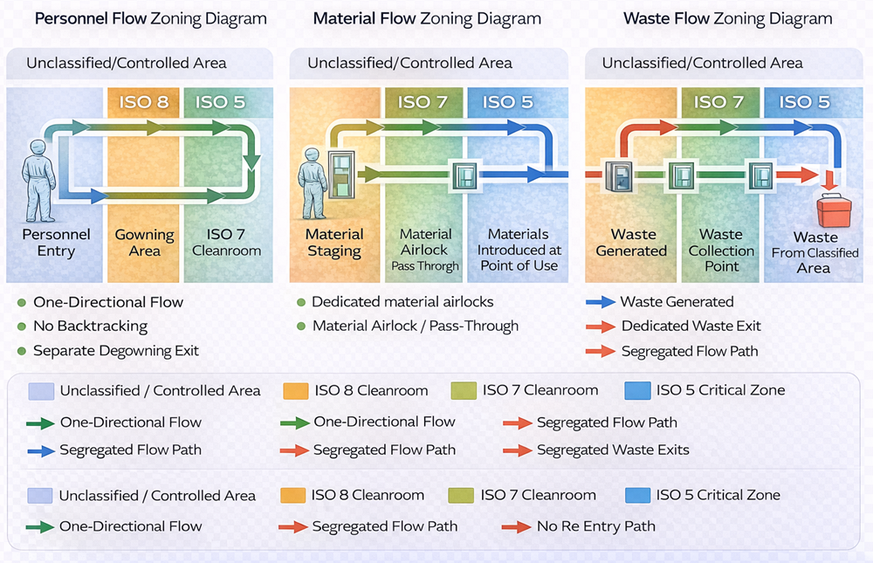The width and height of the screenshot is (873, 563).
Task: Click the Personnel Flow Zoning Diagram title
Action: click(x=150, y=18)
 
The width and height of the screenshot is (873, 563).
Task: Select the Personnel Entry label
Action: click(x=56, y=243)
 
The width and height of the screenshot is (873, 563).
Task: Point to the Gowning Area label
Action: click(x=145, y=243)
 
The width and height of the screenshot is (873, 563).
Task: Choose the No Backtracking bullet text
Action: click(x=90, y=326)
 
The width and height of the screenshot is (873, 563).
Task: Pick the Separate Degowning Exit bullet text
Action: click(x=116, y=351)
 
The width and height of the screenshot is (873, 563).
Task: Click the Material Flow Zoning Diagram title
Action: click(x=427, y=18)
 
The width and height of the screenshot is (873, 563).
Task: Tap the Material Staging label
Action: click(x=334, y=243)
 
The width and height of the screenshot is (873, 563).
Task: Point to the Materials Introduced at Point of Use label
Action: click(x=519, y=250)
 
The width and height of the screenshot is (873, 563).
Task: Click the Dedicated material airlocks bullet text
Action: click(x=402, y=302)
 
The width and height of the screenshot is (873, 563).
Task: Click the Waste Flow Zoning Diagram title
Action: click(x=727, y=18)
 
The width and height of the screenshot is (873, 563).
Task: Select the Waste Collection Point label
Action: click(x=721, y=250)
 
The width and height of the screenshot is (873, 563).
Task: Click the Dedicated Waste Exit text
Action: click(x=691, y=326)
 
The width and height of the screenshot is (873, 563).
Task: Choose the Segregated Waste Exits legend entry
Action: click(x=613, y=450)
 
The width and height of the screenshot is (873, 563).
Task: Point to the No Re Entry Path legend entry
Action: click(x=596, y=526)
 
